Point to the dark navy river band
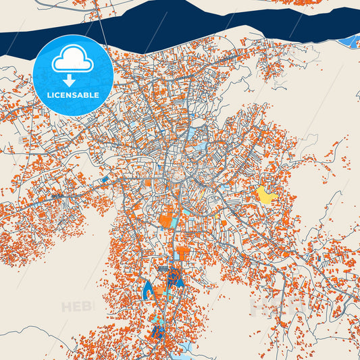pos(203,20)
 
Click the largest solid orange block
pos(165,220)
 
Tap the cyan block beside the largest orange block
pos(175,222)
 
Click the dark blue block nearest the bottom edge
pos(160,332)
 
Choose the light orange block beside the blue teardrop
pos(159,290)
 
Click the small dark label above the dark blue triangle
pos(163,268)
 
